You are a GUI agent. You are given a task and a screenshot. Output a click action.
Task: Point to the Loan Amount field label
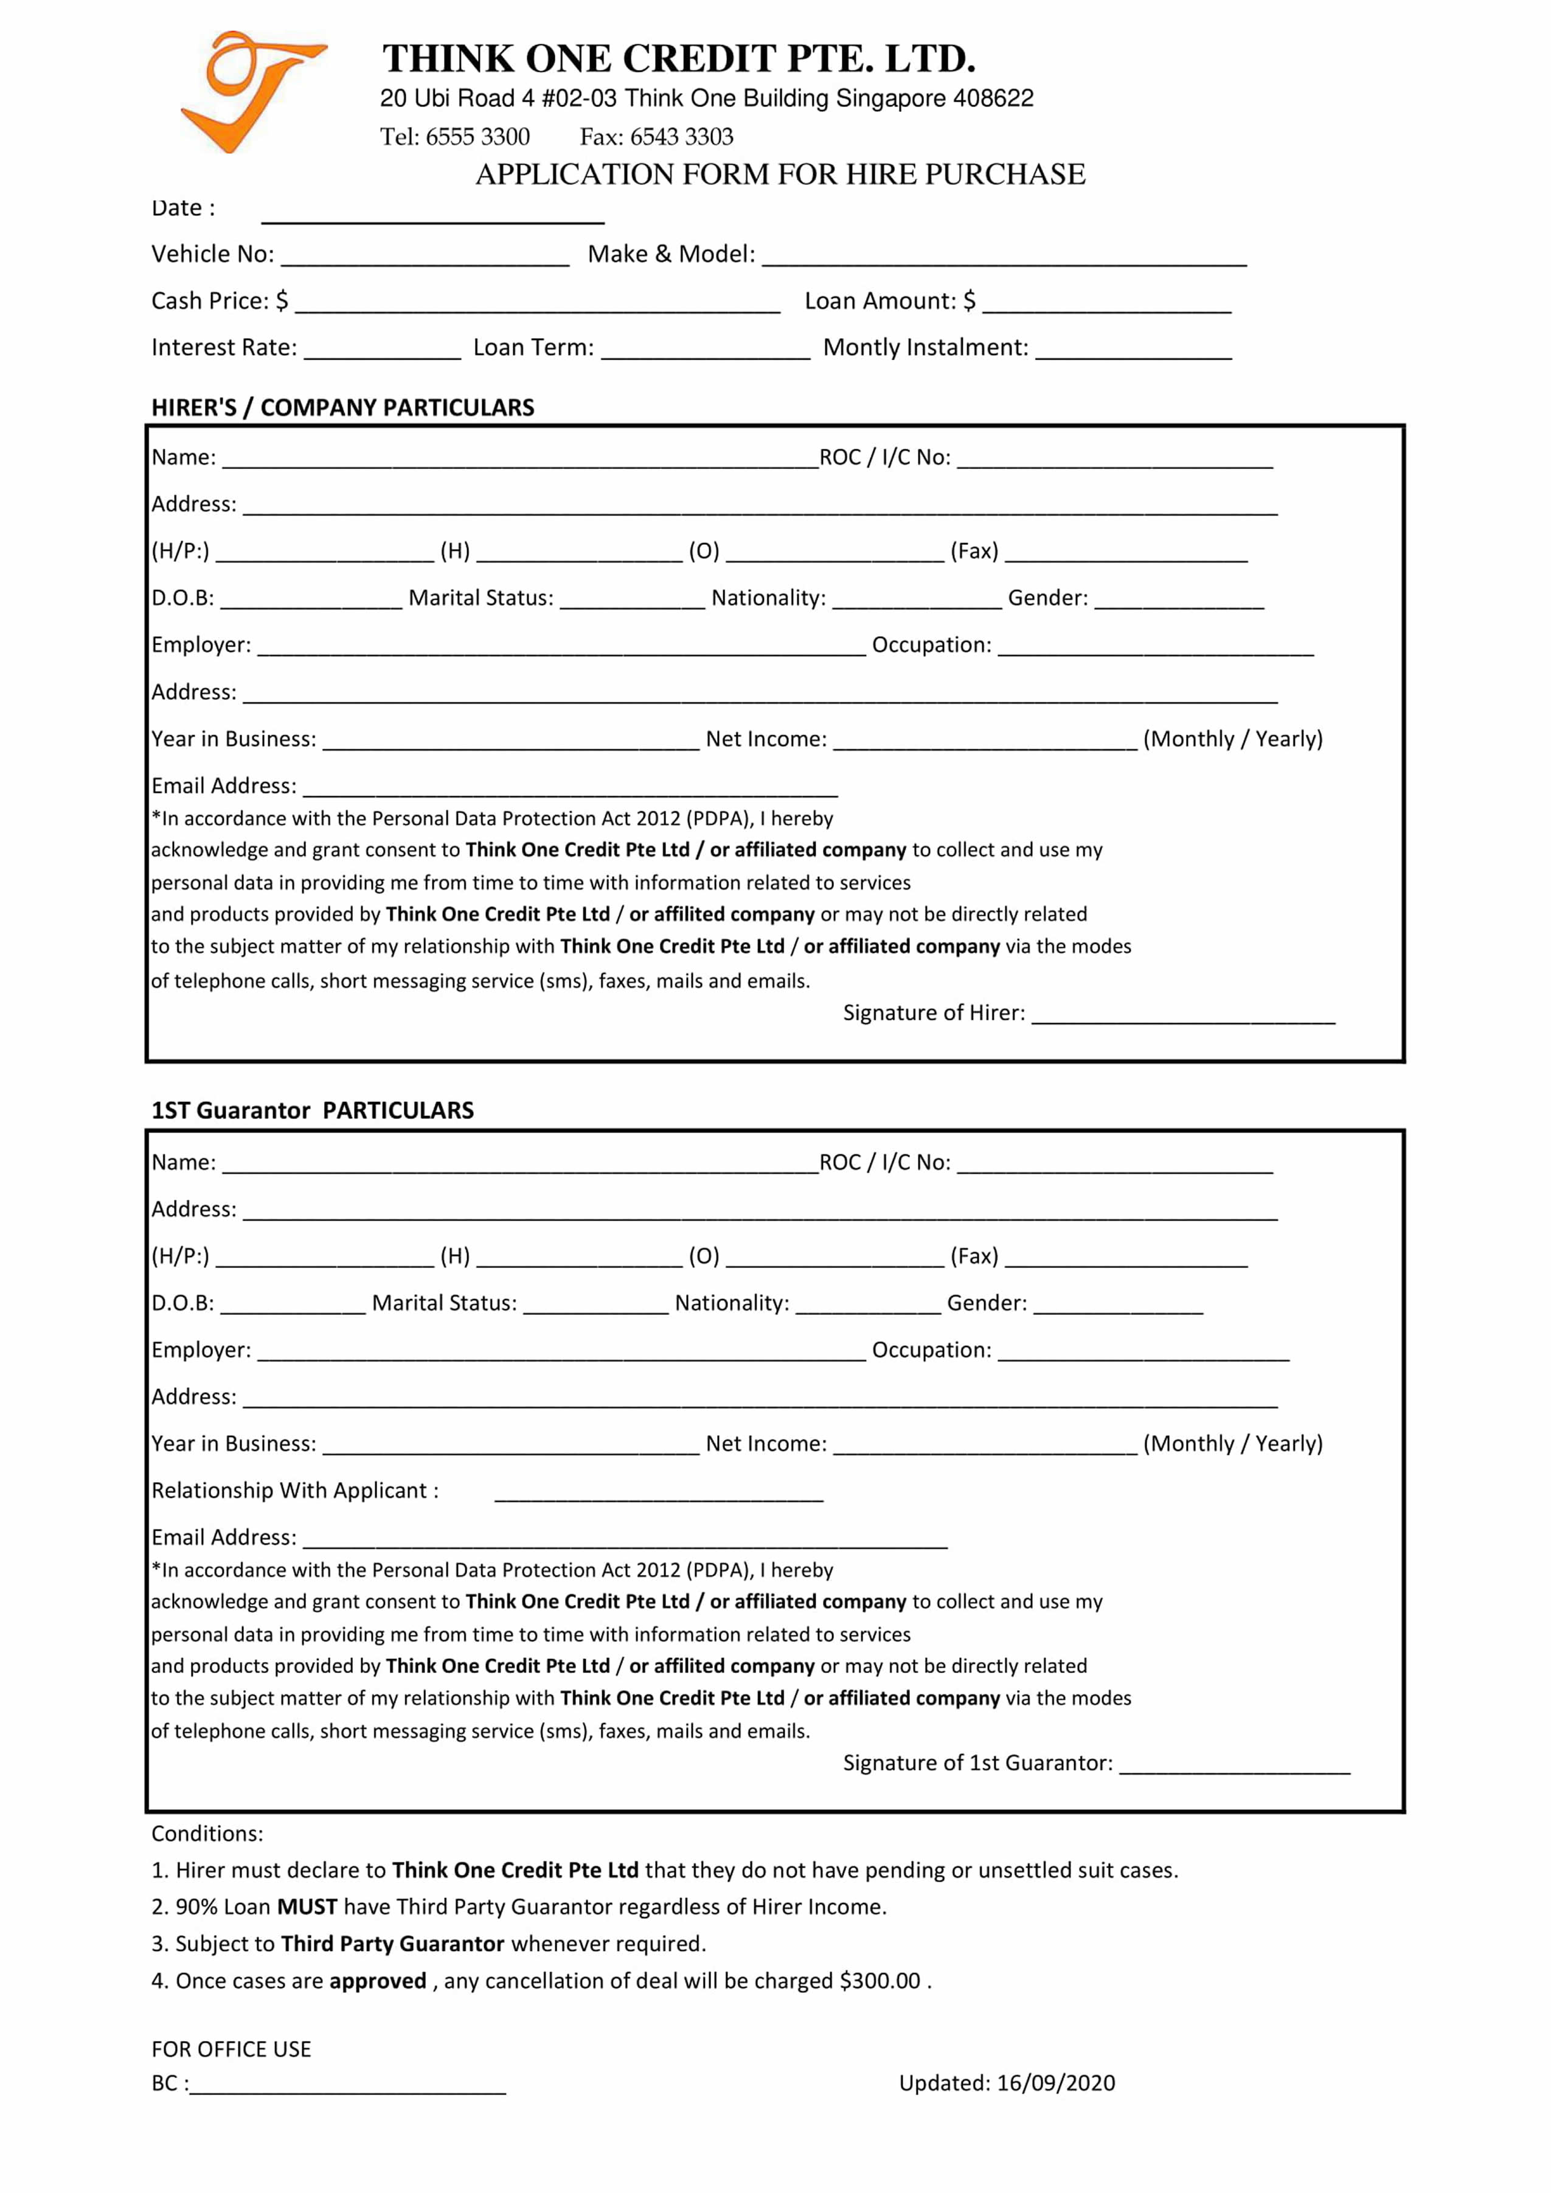888,302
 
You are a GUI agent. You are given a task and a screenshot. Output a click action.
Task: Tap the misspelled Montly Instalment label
925,348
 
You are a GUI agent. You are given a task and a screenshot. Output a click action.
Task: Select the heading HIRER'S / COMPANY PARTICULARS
342,408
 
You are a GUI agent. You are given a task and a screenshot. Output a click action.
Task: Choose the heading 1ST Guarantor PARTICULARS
312,1111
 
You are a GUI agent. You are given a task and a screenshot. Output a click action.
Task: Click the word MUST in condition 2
307,1907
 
